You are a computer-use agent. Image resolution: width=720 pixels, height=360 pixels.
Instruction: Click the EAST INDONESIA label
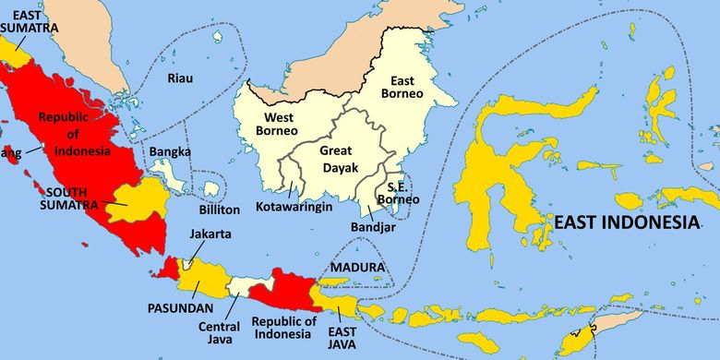pyautogui.click(x=625, y=222)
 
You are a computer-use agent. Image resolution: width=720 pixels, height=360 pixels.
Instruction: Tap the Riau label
pyautogui.click(x=181, y=78)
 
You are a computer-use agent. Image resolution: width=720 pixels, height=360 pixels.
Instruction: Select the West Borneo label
pyautogui.click(x=281, y=125)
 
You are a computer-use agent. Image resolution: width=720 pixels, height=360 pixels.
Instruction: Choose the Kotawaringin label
pyautogui.click(x=294, y=207)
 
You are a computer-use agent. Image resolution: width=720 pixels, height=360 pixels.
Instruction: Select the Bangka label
pyautogui.click(x=171, y=151)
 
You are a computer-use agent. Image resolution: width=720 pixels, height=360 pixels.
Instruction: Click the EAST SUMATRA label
pyautogui.click(x=29, y=21)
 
